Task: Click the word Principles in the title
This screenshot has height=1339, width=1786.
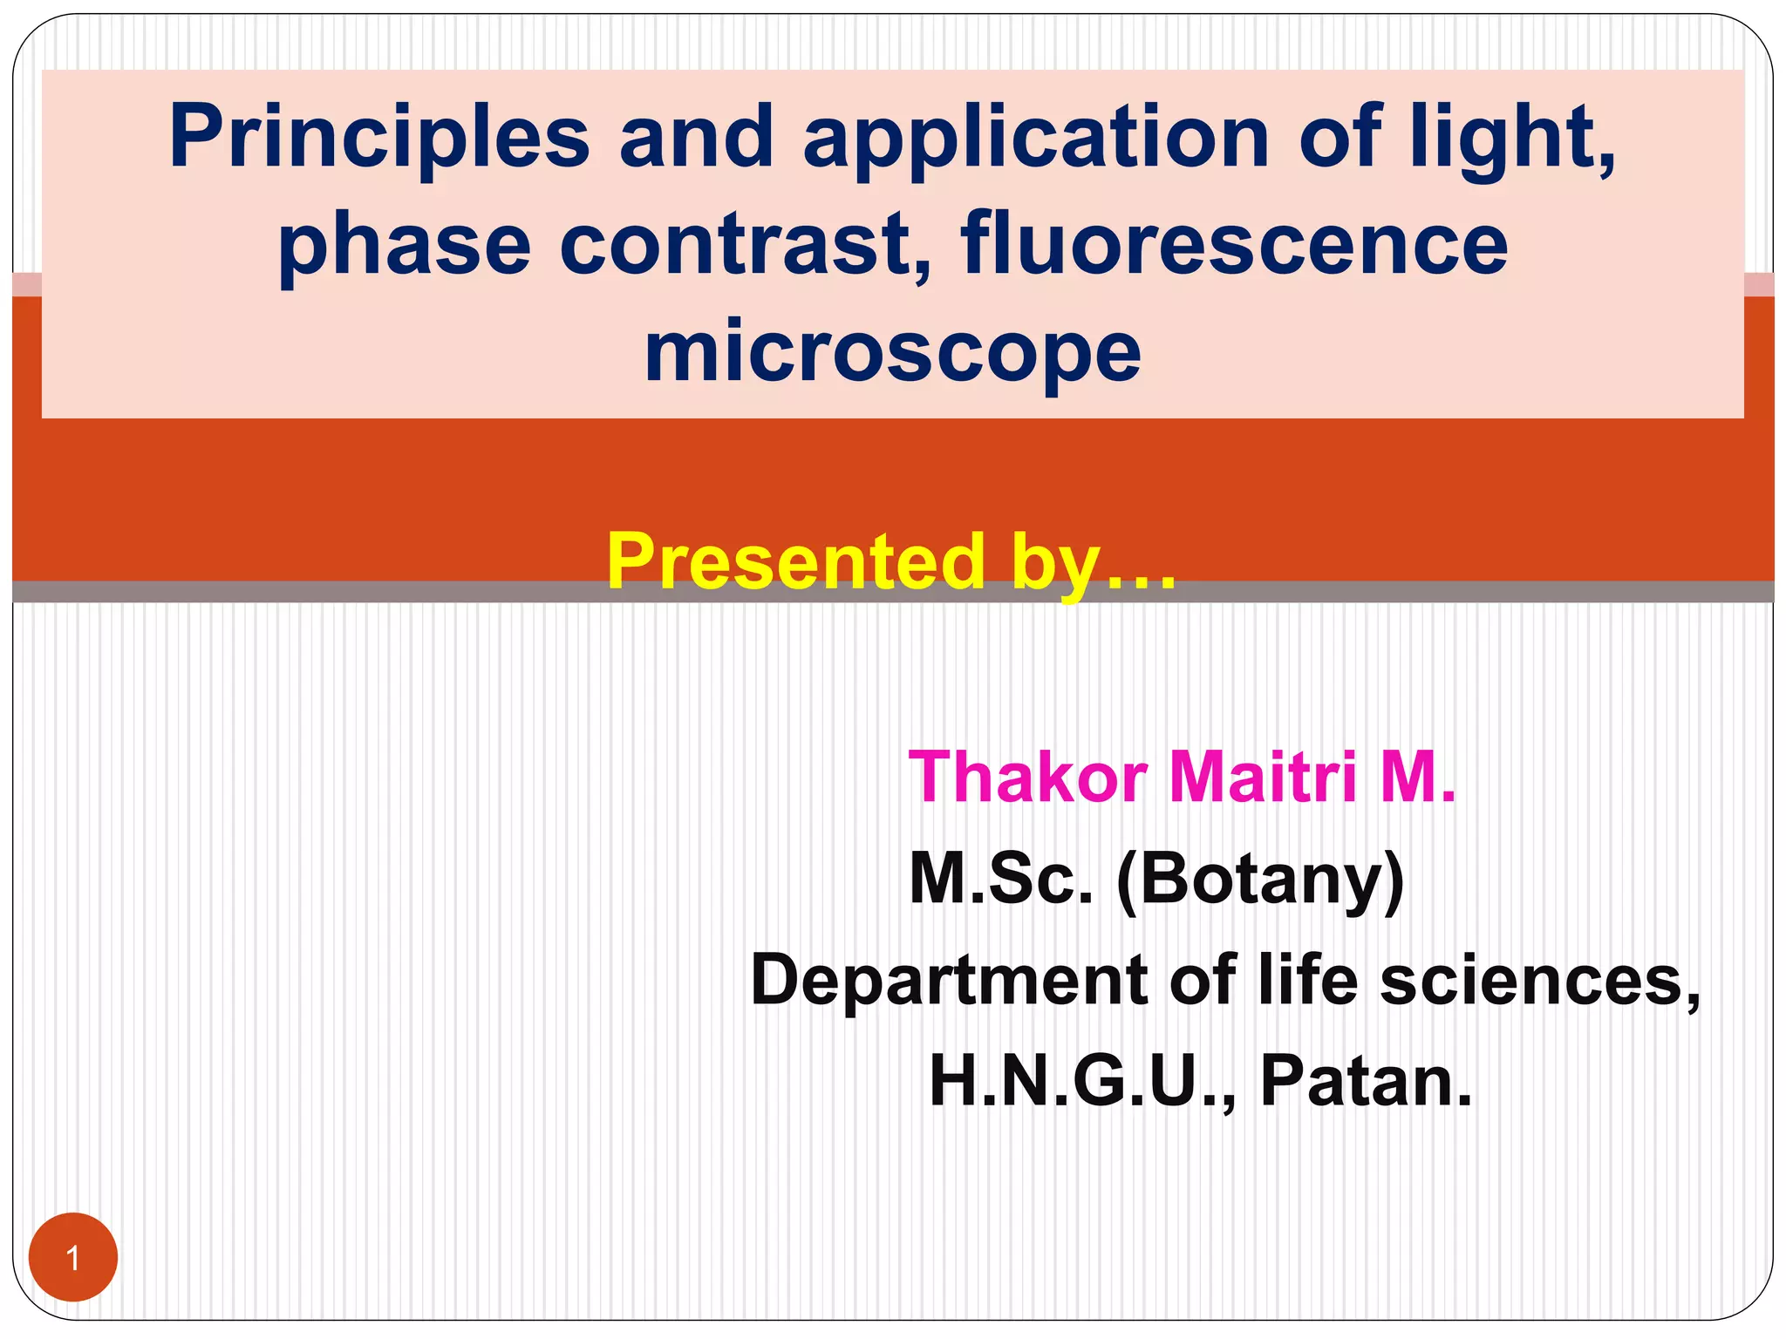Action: (379, 138)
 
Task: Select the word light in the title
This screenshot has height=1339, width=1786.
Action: (1513, 138)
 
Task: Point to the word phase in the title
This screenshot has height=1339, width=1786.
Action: (404, 246)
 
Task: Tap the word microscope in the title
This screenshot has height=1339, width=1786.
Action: (892, 351)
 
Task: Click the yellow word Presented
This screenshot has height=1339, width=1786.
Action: (795, 562)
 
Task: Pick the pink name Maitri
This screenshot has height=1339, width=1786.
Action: (1263, 777)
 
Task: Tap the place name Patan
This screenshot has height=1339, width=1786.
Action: (1365, 1082)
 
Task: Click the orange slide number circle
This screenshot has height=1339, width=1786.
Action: (73, 1257)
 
